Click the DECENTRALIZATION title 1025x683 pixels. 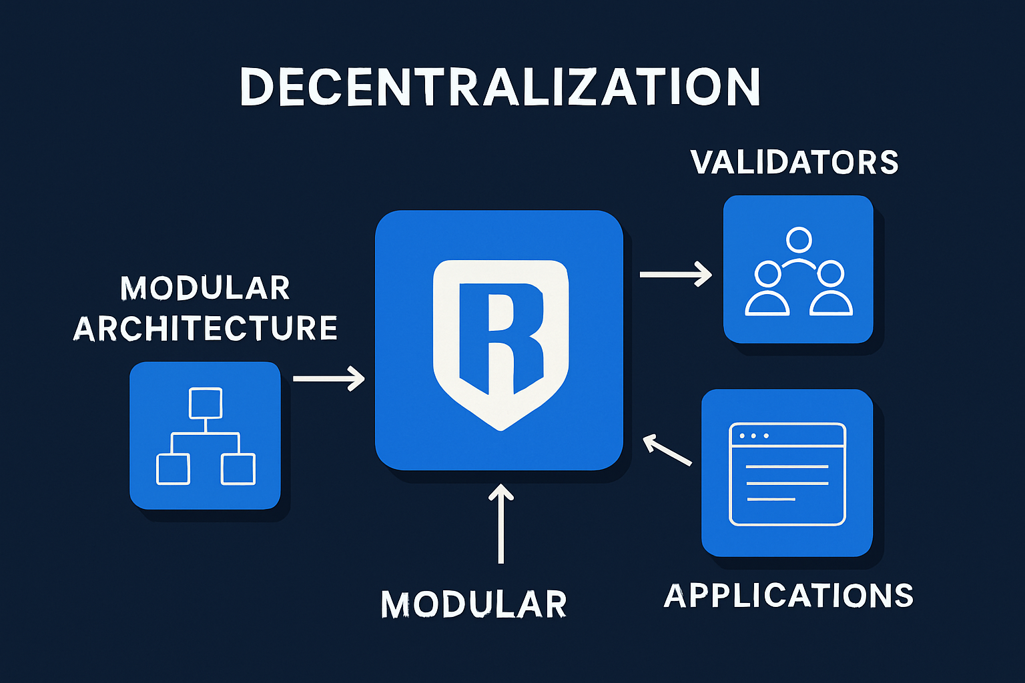(500, 87)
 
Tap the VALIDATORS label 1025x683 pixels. (795, 163)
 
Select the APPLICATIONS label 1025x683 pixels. (789, 596)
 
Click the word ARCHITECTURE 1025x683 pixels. (206, 328)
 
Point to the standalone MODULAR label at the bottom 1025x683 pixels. (474, 604)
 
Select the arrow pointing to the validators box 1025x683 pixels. (675, 274)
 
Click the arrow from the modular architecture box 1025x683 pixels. (329, 378)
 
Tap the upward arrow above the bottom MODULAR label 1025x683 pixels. (500, 523)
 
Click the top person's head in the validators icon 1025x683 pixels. (799, 239)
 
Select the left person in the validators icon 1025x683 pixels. (767, 289)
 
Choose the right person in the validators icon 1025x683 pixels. (831, 289)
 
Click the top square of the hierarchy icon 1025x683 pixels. (206, 403)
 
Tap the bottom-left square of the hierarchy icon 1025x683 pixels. (173, 469)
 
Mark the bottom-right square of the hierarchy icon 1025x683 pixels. (238, 469)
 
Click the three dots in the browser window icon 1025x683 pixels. (753, 436)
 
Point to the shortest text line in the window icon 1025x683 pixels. (771, 499)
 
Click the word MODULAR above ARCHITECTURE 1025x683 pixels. (205, 288)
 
